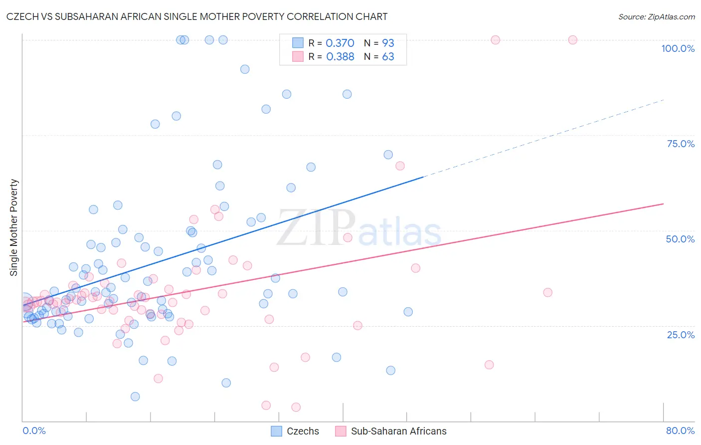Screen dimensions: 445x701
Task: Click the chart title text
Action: (x=197, y=16)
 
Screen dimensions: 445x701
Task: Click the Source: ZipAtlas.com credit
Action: (x=656, y=17)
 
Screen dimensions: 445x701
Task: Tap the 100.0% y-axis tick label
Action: (x=678, y=48)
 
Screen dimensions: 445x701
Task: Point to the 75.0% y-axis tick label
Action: (x=681, y=144)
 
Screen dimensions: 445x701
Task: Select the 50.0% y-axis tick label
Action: (x=680, y=239)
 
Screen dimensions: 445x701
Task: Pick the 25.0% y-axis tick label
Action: (x=681, y=334)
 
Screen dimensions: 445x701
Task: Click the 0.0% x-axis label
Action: (x=34, y=431)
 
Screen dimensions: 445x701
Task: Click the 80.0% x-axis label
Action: (x=680, y=431)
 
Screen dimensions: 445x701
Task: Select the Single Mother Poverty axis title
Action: (x=14, y=227)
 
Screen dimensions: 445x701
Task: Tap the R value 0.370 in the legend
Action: (x=340, y=43)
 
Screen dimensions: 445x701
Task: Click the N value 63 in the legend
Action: (x=388, y=57)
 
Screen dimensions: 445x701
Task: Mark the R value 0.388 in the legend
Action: (x=340, y=57)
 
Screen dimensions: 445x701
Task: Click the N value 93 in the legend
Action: (x=388, y=43)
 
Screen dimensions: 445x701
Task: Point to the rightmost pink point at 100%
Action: (x=572, y=40)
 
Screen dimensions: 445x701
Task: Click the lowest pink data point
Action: (x=296, y=407)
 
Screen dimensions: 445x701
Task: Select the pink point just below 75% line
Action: (x=400, y=166)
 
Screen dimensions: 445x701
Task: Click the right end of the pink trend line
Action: (x=663, y=204)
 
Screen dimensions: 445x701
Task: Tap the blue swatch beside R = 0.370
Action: (x=298, y=43)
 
